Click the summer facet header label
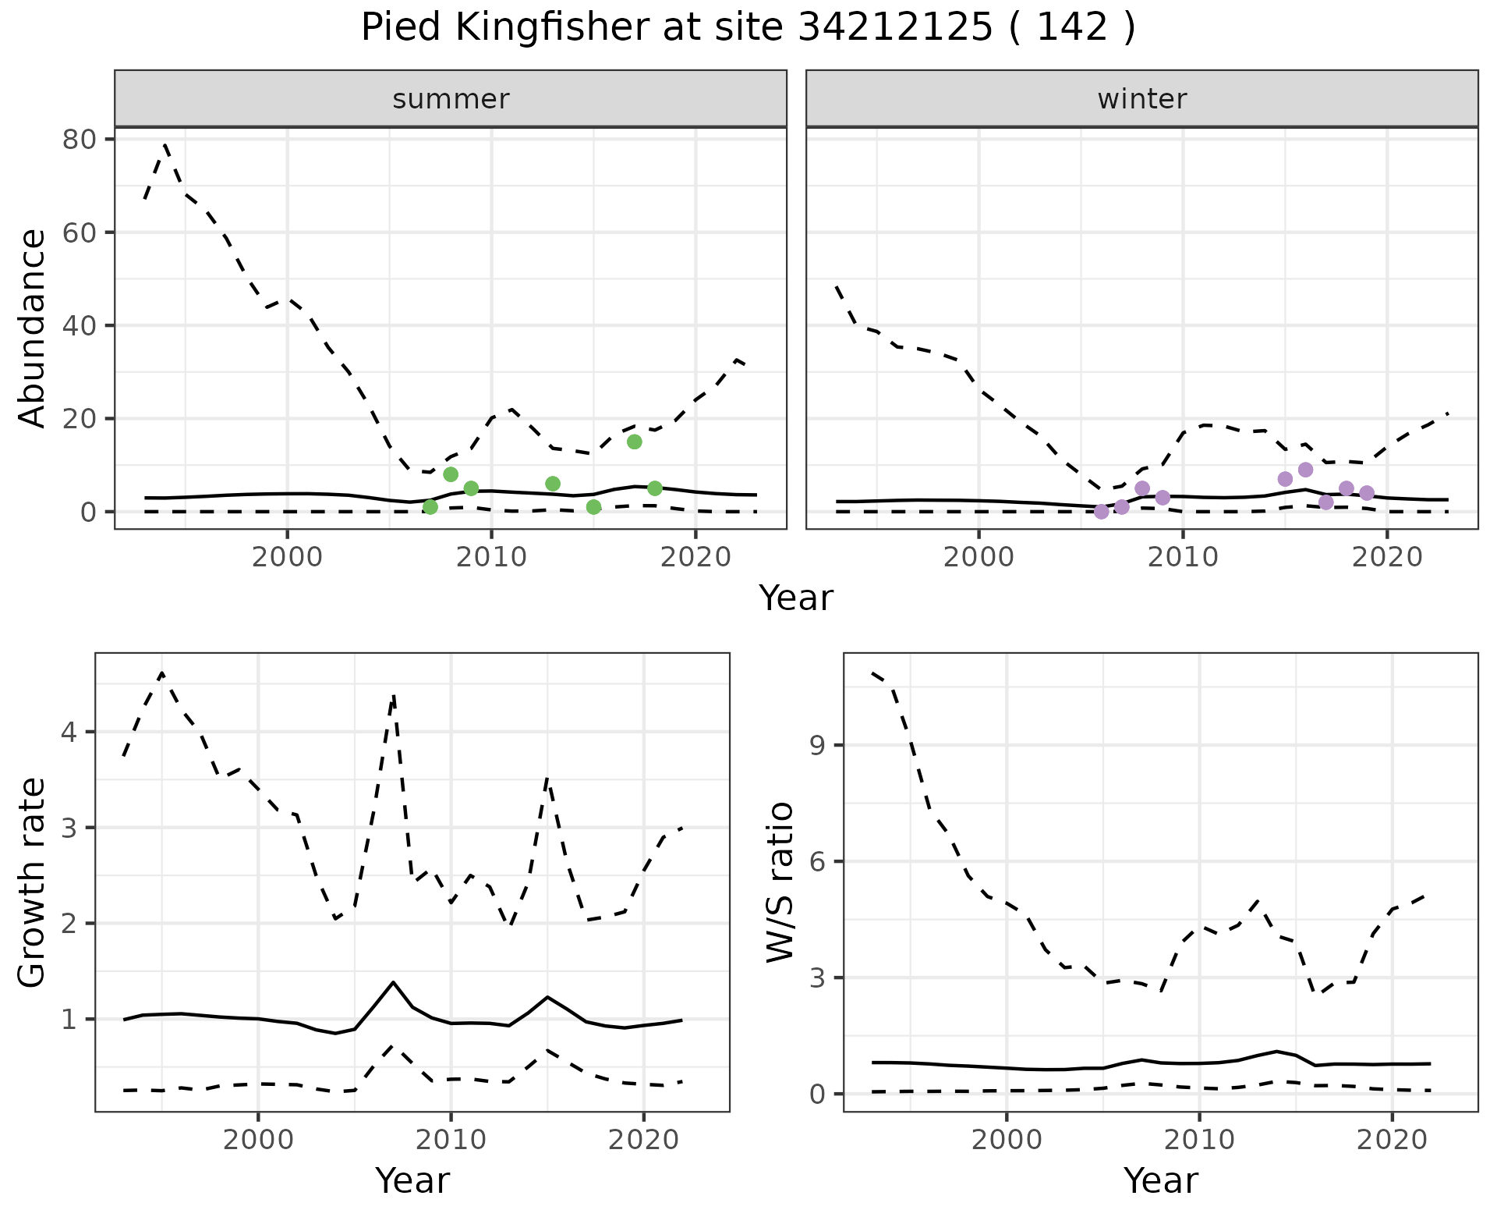(451, 99)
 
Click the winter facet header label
(1141, 99)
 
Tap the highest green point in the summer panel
(634, 442)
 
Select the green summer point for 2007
(430, 507)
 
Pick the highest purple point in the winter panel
(1305, 470)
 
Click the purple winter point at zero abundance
(1101, 512)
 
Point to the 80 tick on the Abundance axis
(78, 140)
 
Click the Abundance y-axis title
(33, 328)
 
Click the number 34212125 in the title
(895, 28)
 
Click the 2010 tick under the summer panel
(491, 557)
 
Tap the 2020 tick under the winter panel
(1386, 557)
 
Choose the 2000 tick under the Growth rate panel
(258, 1139)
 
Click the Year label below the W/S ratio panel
(1160, 1180)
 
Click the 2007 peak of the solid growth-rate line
(393, 982)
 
